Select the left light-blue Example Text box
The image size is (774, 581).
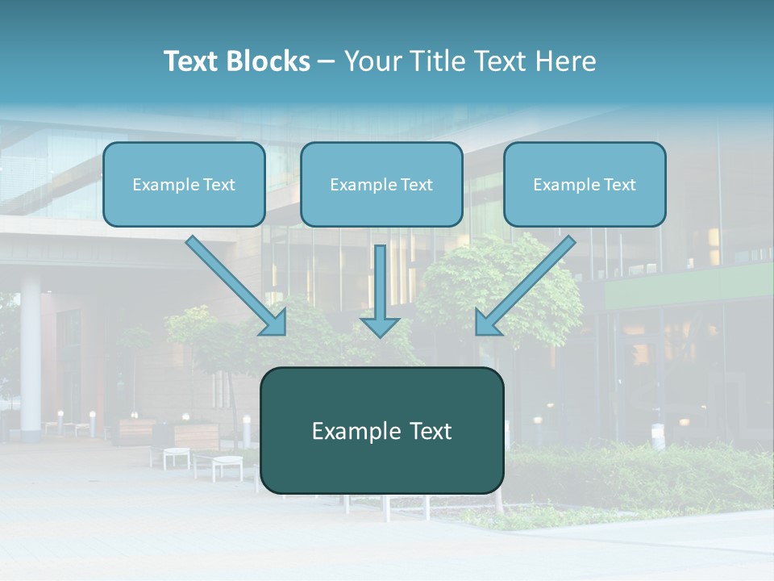pyautogui.click(x=184, y=185)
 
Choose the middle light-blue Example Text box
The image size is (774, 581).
pyautogui.click(x=381, y=185)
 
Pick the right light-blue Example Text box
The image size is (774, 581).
pyautogui.click(x=585, y=185)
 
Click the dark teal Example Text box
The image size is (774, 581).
pyautogui.click(x=381, y=431)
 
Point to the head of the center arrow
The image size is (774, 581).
pyautogui.click(x=380, y=327)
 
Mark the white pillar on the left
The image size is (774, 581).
pyautogui.click(x=31, y=355)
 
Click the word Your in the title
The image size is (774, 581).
pyautogui.click(x=369, y=61)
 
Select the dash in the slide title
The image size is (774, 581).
pyautogui.click(x=327, y=61)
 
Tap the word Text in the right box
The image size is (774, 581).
pyautogui.click(x=620, y=185)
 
